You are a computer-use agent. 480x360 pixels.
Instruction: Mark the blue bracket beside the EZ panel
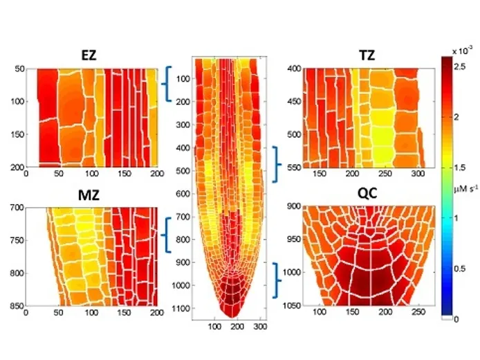(x=167, y=84)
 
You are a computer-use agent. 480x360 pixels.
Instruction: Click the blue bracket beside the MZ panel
(x=167, y=235)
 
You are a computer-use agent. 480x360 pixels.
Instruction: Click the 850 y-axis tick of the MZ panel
(x=15, y=305)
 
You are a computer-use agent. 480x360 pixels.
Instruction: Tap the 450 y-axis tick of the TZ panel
(x=291, y=101)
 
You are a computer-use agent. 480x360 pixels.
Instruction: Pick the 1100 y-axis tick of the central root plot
(x=182, y=307)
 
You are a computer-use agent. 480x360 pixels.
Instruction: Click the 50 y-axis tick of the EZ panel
(x=17, y=69)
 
